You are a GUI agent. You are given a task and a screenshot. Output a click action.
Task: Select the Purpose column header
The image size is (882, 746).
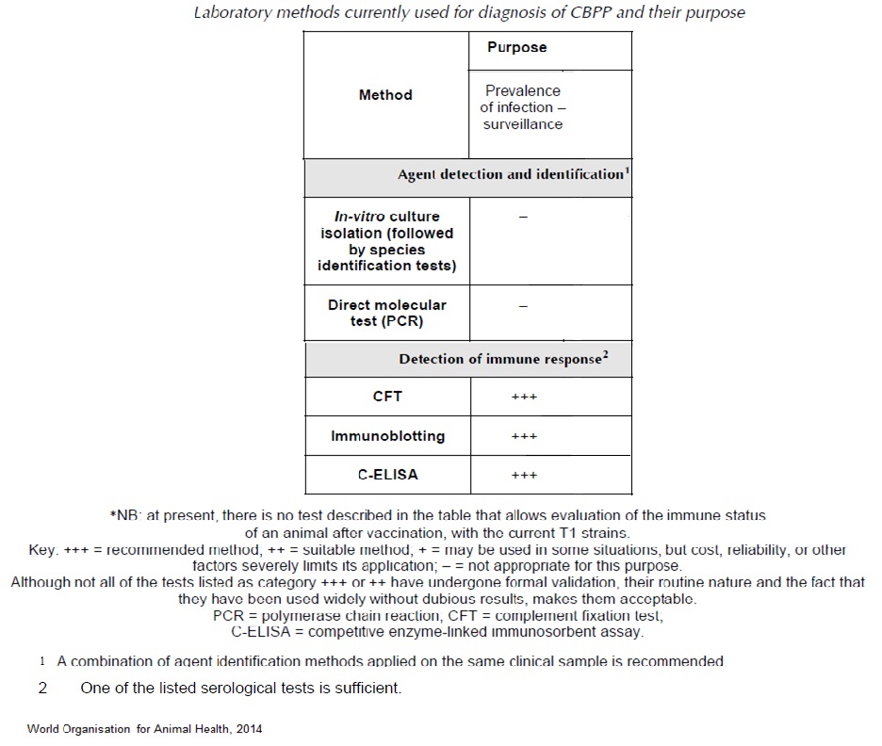pyautogui.click(x=516, y=47)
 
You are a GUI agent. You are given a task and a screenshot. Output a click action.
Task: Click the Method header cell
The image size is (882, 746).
pyautogui.click(x=385, y=95)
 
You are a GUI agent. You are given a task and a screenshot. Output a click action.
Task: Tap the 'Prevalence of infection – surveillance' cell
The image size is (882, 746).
pyautogui.click(x=522, y=107)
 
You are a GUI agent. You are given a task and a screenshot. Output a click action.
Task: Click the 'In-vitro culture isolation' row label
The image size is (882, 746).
pyautogui.click(x=386, y=241)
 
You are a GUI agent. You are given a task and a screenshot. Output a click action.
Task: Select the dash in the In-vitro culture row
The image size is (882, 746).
pyautogui.click(x=524, y=218)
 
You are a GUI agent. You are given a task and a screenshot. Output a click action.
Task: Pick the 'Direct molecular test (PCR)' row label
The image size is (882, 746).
pyautogui.click(x=386, y=313)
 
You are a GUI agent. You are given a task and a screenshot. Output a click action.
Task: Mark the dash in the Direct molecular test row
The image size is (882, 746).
pyautogui.click(x=524, y=306)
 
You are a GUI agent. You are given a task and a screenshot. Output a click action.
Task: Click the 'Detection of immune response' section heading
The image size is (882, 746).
pyautogui.click(x=499, y=360)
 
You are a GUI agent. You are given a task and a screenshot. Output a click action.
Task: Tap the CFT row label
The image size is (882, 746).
pyautogui.click(x=387, y=397)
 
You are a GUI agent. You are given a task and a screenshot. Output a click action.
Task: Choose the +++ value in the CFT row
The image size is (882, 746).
pyautogui.click(x=524, y=397)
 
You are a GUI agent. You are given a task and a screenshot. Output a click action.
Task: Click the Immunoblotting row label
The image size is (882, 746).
pyautogui.click(x=387, y=436)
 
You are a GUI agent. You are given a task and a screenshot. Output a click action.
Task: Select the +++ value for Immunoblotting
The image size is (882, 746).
pyautogui.click(x=524, y=437)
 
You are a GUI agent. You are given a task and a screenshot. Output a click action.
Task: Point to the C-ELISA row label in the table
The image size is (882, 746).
pyautogui.click(x=387, y=475)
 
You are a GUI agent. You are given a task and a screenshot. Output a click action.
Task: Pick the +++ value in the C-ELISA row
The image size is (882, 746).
pyautogui.click(x=524, y=476)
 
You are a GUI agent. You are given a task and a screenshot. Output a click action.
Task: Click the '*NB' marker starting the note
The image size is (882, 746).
pyautogui.click(x=122, y=516)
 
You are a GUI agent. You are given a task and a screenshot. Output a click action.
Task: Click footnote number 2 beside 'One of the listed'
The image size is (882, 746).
pyautogui.click(x=42, y=689)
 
